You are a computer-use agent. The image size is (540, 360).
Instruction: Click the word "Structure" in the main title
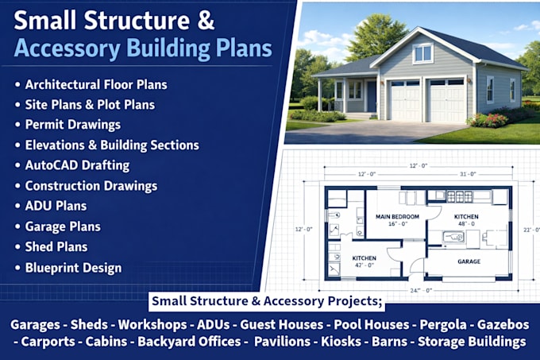137,21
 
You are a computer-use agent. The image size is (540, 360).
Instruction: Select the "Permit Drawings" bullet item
73,125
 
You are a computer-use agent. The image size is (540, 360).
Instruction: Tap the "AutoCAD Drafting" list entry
77,165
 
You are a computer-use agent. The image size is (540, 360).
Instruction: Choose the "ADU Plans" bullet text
56,206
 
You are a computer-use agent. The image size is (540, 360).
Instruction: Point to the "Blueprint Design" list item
73,268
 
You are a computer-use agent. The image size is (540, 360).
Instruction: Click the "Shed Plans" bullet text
56,246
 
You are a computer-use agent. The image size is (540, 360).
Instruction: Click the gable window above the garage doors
422,53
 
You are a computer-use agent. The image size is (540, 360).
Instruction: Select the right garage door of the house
446,100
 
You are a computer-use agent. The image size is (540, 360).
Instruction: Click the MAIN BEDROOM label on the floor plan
397,217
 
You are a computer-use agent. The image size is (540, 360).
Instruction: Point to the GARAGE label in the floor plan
469,261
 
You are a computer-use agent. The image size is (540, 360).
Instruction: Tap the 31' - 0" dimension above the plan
468,174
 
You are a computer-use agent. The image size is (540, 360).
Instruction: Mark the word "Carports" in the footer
48,342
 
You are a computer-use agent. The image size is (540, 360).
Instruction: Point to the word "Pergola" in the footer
443,325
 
